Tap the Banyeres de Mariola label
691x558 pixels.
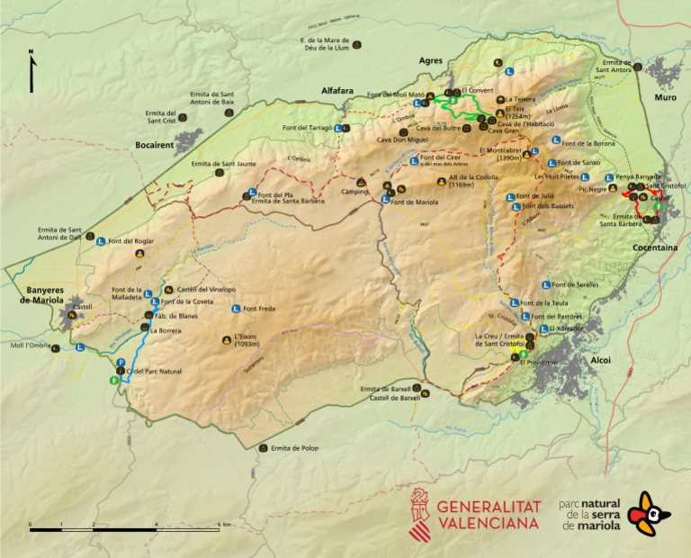point(41,294)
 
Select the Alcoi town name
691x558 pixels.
point(600,360)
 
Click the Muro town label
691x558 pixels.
point(665,97)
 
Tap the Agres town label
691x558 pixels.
point(432,60)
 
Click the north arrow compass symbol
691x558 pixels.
point(32,72)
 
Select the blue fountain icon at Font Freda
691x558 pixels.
point(236,309)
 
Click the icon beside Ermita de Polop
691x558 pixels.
point(263,447)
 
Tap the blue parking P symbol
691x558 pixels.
point(121,363)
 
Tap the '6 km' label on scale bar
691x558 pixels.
point(225,524)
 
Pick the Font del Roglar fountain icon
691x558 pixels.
point(102,241)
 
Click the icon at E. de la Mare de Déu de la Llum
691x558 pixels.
point(357,45)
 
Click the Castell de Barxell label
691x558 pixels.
point(389,397)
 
